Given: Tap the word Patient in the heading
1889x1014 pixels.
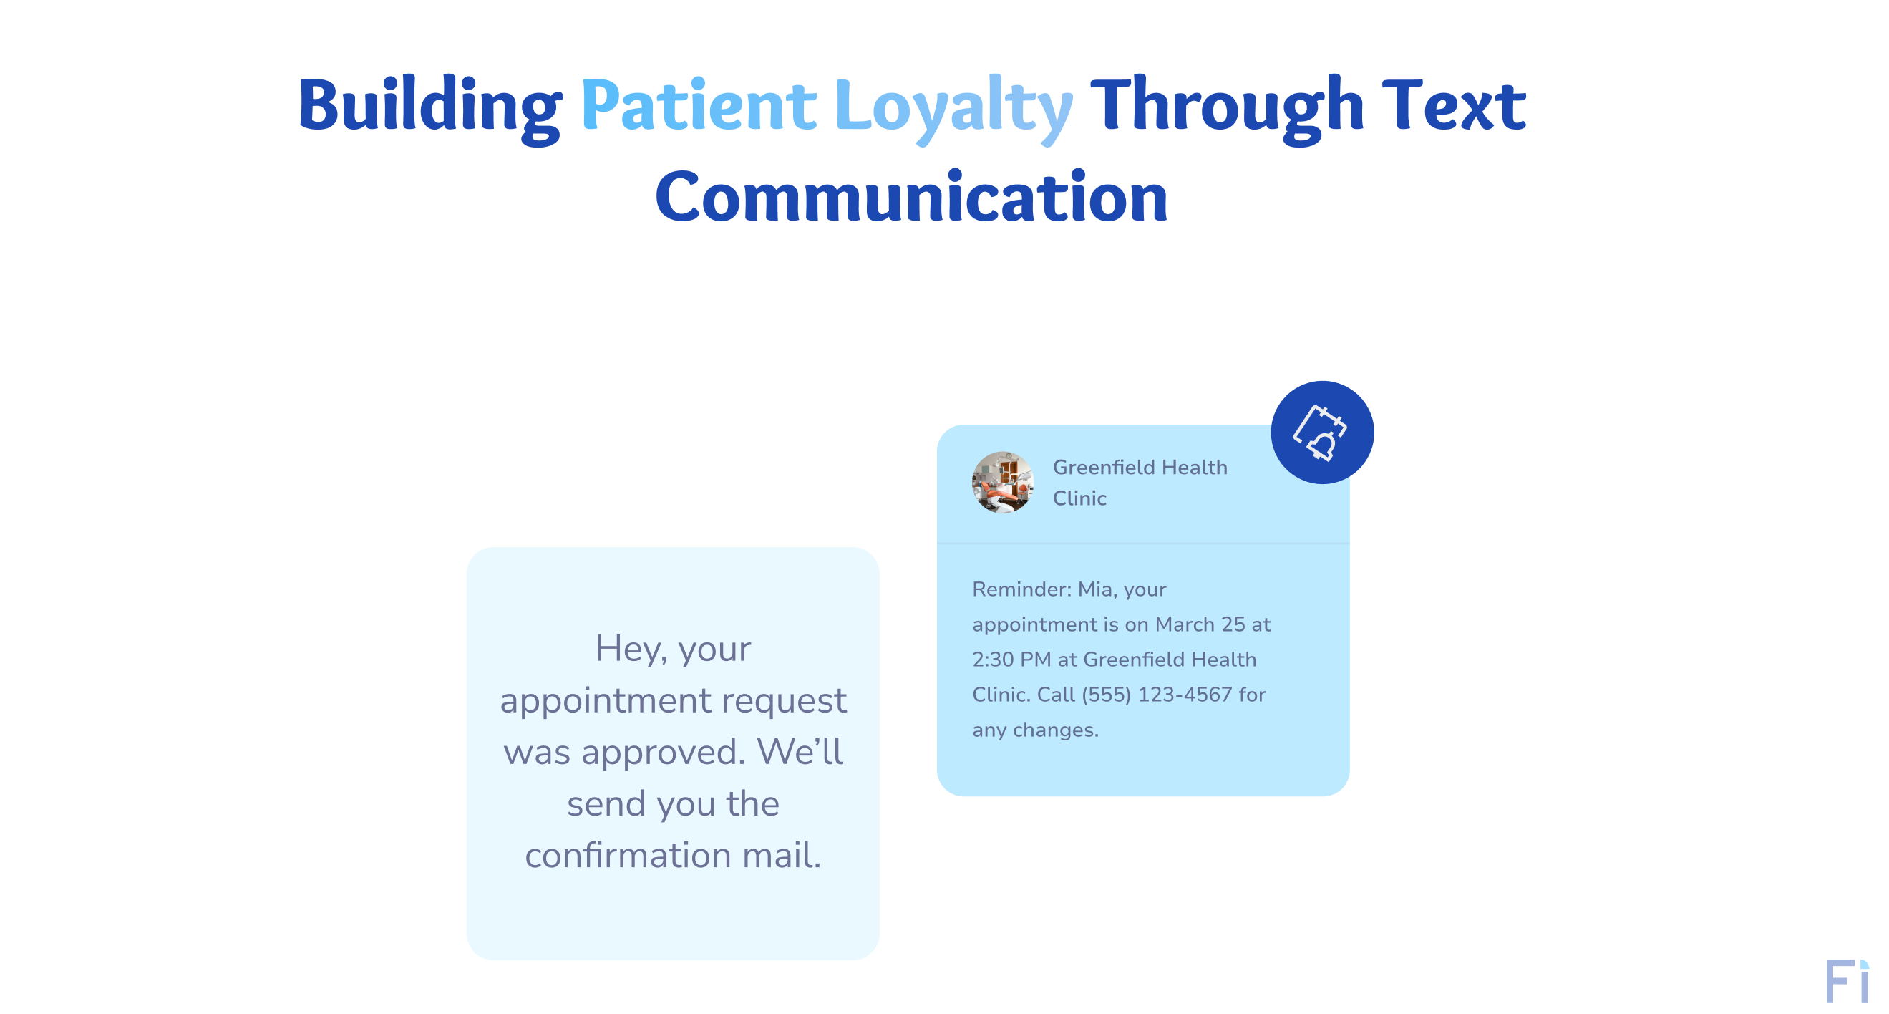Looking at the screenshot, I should coord(697,107).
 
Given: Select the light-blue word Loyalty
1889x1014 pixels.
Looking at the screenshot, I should coord(953,107).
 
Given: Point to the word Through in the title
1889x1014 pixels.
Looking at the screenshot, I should coord(1226,107).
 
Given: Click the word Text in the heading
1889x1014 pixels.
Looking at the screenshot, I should coord(1453,107).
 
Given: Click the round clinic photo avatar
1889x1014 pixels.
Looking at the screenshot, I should coord(1002,482).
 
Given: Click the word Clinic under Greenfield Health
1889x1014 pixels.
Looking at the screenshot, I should coord(1079,498).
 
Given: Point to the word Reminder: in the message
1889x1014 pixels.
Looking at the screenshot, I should coord(1021,589).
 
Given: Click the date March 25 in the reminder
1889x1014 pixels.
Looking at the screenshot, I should coord(1200,624).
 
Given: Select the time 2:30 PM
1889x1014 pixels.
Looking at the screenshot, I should coord(1011,660).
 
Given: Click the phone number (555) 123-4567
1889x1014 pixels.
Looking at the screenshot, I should coord(1157,694).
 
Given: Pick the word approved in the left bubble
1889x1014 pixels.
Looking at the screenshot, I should coord(662,752).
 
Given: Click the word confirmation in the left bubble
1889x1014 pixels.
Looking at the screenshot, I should coord(628,856).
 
